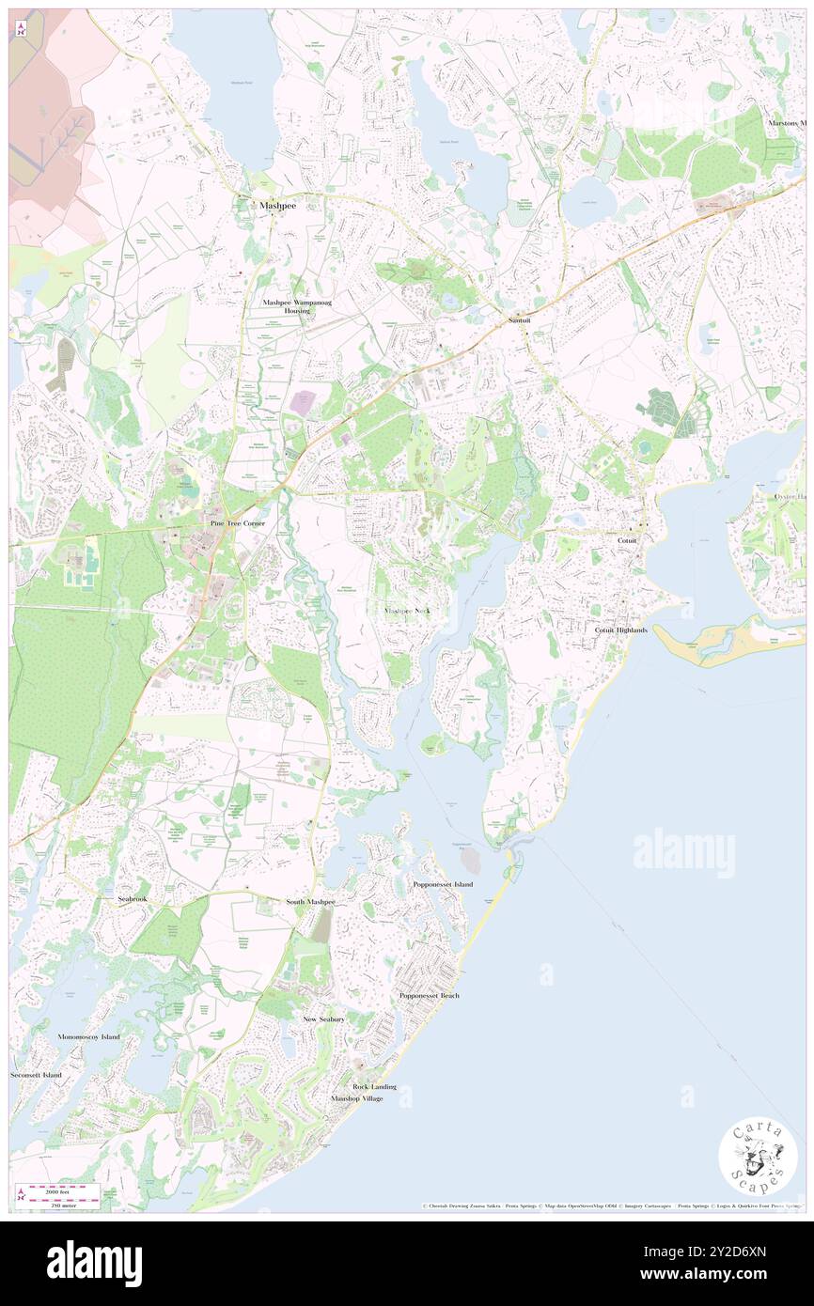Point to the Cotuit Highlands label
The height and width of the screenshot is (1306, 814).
pos(620,630)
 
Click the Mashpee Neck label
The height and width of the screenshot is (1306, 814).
pos(407,611)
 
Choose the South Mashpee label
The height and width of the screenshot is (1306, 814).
pos(310,902)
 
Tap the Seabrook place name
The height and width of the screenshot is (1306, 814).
pos(133,899)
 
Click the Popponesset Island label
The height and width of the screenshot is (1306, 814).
pos(443,884)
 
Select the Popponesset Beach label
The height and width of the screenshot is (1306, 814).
pos(430,995)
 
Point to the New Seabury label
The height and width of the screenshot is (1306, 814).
pos(323,1018)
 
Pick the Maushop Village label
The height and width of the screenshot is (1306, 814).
pos(357,1098)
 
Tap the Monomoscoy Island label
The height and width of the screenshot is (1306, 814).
pos(88,1036)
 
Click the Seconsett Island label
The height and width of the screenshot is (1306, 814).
pos(37,1074)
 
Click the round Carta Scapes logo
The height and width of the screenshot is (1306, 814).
pos(758,1158)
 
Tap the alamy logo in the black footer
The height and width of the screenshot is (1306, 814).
pos(94,1264)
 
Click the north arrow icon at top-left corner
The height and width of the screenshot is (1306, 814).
pos(20,29)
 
